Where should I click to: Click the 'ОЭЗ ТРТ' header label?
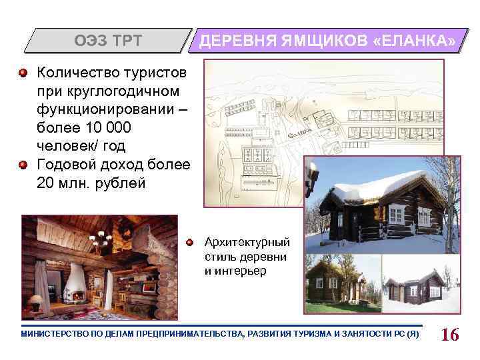107,41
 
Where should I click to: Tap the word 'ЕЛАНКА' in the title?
418,41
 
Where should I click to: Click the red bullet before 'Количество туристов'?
24,72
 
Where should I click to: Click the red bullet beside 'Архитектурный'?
191,242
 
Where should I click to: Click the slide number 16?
450,334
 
